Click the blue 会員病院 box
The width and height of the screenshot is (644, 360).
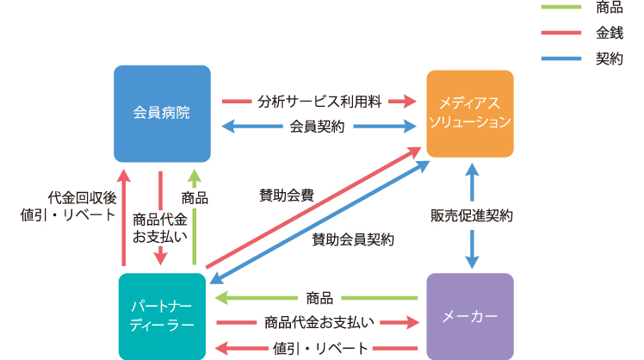coord(162,114)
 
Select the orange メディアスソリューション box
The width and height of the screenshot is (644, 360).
coord(470,114)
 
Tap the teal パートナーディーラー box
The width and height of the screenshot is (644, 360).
coord(162,316)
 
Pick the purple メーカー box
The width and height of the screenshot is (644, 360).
coord(470,316)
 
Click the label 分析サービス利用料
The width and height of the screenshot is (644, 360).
coord(319,101)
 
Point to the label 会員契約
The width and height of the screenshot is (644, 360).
coord(317,127)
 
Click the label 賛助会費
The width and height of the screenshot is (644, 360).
coord(287,196)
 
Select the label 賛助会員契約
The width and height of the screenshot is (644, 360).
coord(353,239)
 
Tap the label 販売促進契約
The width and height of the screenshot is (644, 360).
coord(472,216)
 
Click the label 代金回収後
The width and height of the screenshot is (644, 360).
coord(82,198)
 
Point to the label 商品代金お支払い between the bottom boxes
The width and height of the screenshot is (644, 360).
coord(319,323)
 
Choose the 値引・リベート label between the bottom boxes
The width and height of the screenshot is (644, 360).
coord(320,349)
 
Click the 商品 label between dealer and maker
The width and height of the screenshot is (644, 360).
coord(319,298)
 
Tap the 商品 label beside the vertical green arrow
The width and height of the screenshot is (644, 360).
coord(195,198)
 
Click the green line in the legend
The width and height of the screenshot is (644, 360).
coord(561,7)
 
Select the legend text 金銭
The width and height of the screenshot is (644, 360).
coord(610,33)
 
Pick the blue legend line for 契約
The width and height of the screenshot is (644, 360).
coord(561,59)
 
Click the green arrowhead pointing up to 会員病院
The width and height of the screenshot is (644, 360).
coord(195,176)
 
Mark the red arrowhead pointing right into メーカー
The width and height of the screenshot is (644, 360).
coord(412,323)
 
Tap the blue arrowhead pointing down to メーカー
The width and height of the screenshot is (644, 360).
coord(472,262)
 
